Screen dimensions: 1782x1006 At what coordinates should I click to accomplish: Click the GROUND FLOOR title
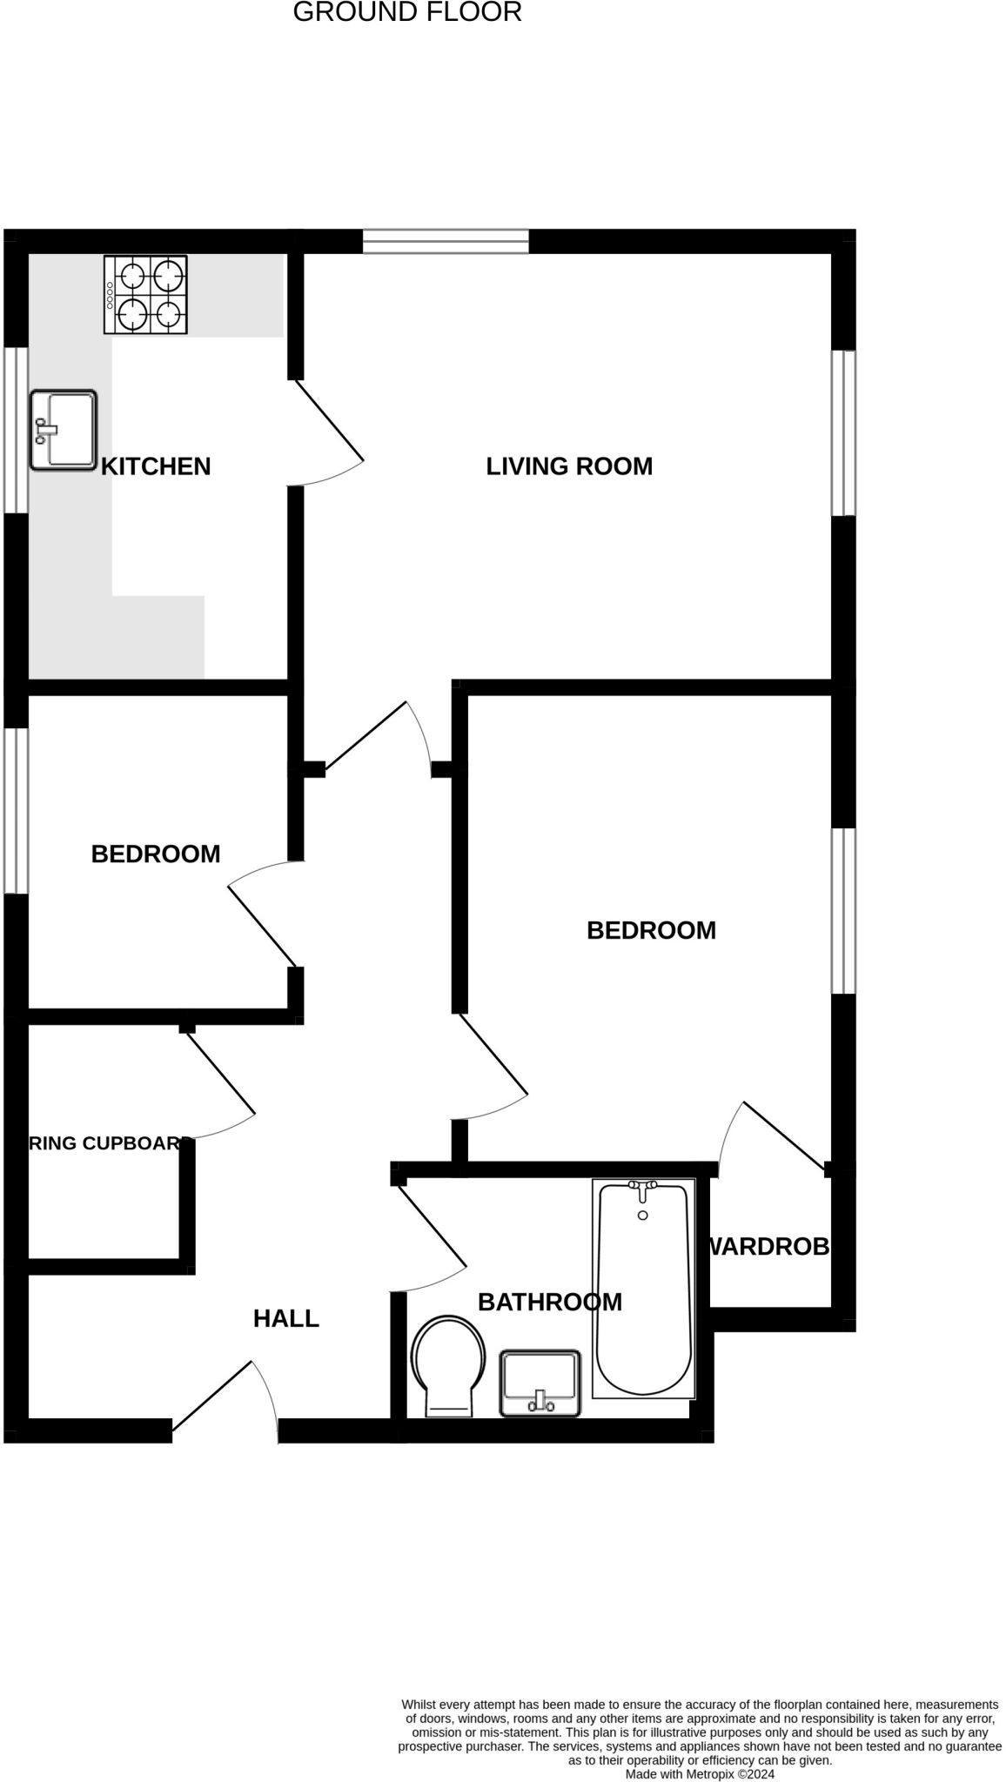407,13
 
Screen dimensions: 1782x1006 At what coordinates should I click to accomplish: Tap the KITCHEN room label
156,466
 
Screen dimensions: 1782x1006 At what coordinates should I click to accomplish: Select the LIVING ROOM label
569,466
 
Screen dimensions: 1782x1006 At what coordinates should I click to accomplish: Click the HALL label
286,1319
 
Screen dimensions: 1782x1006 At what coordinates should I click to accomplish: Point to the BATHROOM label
550,1302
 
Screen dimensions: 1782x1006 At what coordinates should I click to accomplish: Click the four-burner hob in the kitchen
145,295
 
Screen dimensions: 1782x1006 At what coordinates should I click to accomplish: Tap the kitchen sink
64,430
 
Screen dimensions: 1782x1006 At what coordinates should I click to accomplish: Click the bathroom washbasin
540,1383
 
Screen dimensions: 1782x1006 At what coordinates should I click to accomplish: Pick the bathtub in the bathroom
643,1288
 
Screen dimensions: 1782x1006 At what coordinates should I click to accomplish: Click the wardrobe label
768,1247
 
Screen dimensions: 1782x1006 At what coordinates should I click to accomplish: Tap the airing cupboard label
110,1143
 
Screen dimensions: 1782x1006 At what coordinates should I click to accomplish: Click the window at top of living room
446,241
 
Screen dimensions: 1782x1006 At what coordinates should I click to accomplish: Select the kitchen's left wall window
16,430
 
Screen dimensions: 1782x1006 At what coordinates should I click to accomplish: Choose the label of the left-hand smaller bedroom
156,854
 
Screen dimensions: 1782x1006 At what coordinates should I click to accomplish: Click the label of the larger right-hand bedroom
651,930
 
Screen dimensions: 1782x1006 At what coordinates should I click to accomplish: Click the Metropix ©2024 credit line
700,1773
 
